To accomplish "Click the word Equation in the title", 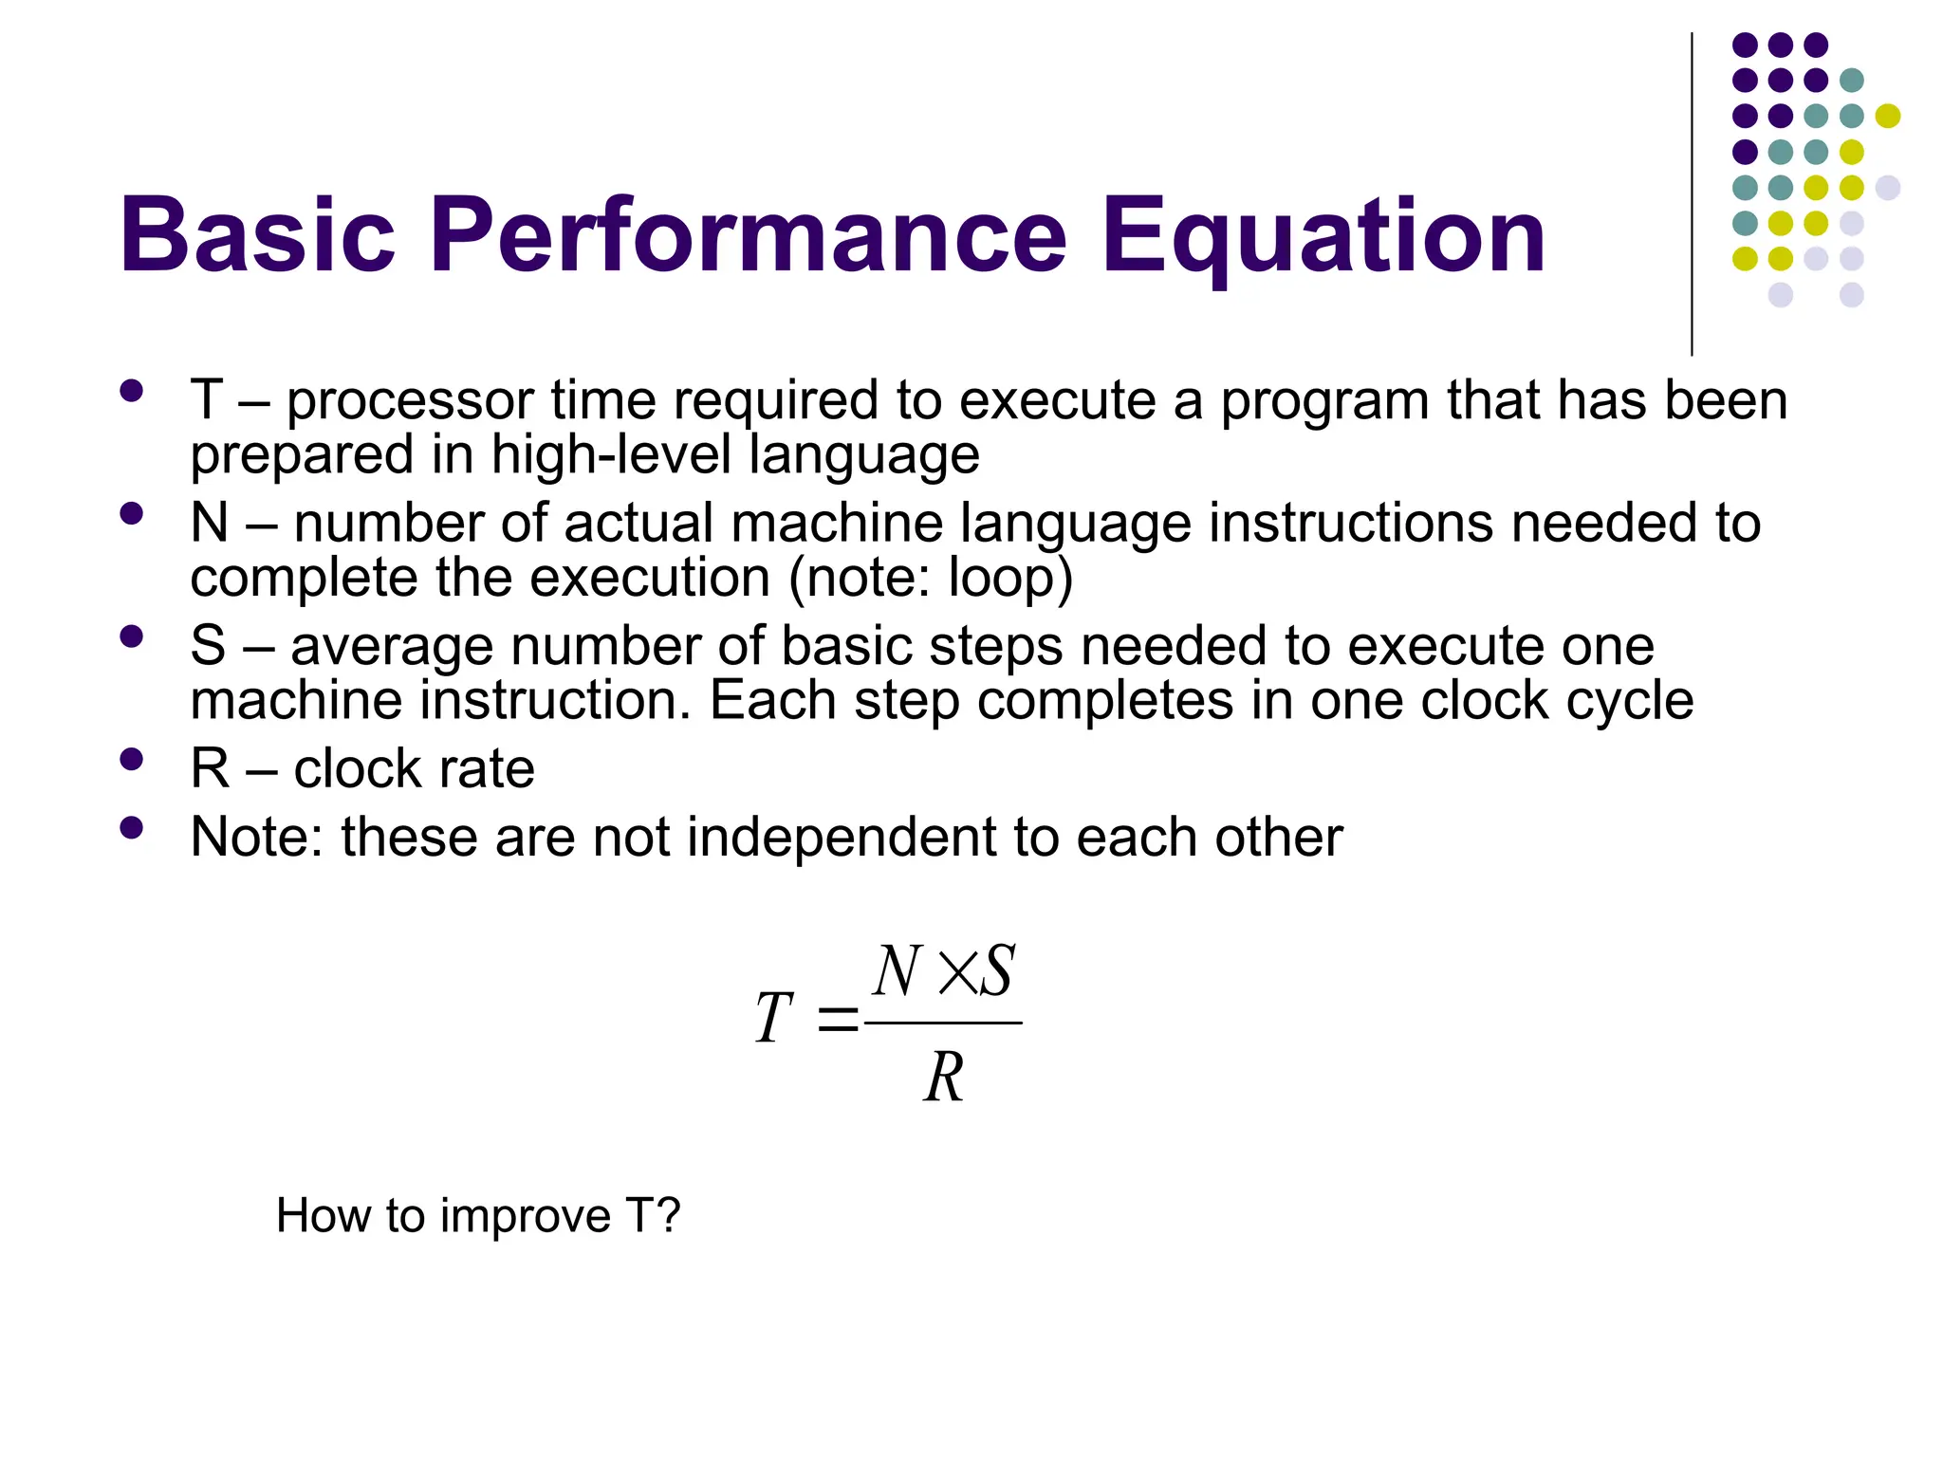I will [x=1323, y=235].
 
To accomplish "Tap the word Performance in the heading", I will [x=749, y=235].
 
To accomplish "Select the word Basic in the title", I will [x=256, y=235].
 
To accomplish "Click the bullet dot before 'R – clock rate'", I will [x=132, y=759].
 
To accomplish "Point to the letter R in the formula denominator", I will [x=944, y=1078].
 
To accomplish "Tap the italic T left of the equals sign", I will [x=773, y=1018].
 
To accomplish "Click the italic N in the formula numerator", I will [x=897, y=971].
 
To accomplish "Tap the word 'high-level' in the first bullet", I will [x=611, y=455].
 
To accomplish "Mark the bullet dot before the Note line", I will [x=132, y=828].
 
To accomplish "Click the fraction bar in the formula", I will [x=944, y=1023].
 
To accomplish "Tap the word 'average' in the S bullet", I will [x=391, y=647].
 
